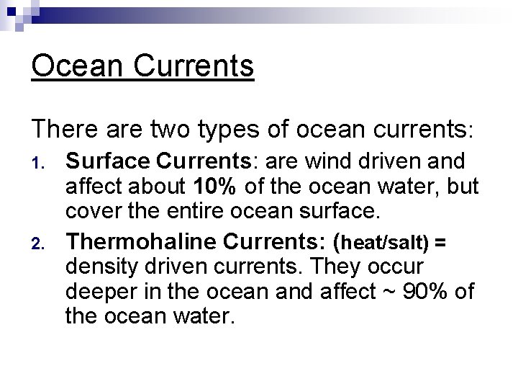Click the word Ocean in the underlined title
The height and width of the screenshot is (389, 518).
pyautogui.click(x=74, y=66)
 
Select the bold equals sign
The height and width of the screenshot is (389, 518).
pyautogui.click(x=440, y=243)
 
